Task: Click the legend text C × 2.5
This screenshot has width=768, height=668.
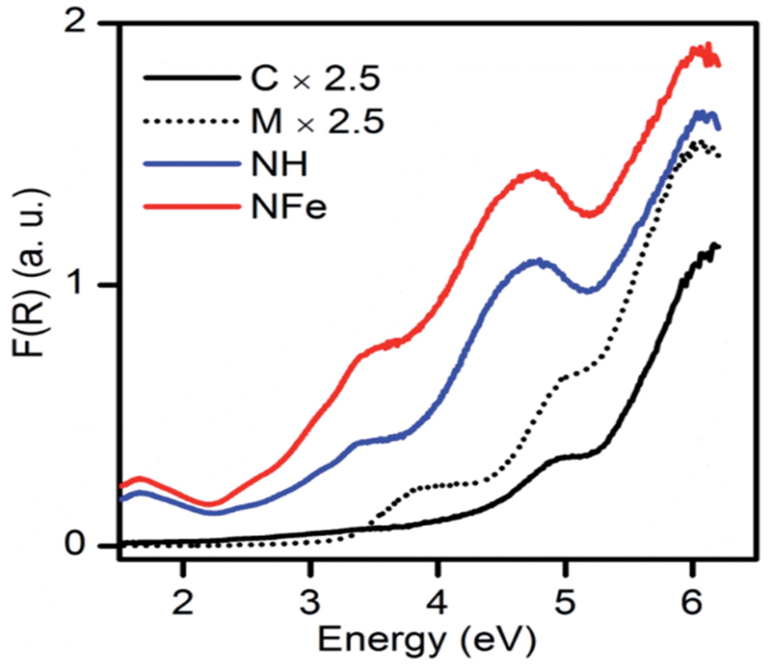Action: [x=315, y=79]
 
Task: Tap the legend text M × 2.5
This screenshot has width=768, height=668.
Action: [x=317, y=122]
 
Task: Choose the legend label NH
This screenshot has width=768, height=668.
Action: [x=279, y=164]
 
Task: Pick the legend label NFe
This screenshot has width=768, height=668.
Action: [x=289, y=207]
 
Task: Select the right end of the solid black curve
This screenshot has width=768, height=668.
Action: [x=718, y=247]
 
